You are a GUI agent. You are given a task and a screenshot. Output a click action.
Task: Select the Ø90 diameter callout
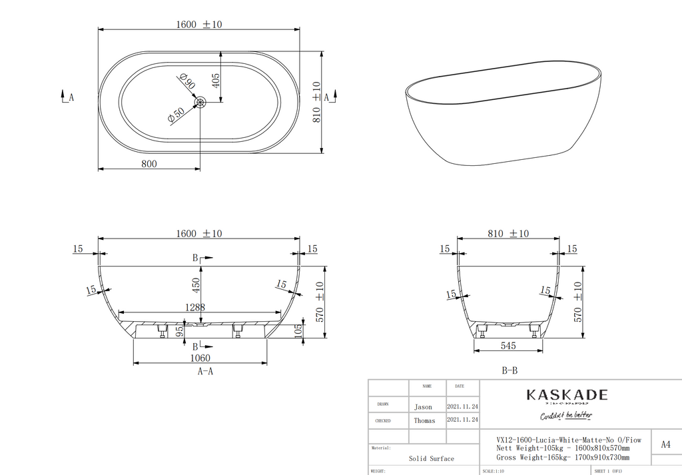click(x=187, y=83)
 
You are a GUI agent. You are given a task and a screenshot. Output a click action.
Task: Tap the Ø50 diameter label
click(x=176, y=115)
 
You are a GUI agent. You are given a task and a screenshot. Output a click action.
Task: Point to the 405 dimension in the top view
click(x=216, y=81)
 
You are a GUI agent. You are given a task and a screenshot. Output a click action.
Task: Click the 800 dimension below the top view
click(x=149, y=164)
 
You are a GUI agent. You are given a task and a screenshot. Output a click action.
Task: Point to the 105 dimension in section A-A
click(x=298, y=330)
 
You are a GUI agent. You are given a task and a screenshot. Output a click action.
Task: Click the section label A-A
click(x=205, y=372)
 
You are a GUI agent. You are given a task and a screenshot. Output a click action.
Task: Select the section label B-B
click(x=510, y=371)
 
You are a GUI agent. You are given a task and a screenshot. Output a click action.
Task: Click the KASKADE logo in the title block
click(x=567, y=395)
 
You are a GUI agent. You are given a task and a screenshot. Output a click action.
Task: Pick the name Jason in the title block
click(x=423, y=407)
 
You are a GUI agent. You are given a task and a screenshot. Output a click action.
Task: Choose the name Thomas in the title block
click(x=424, y=421)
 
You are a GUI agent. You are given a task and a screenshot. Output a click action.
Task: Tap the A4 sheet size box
click(x=665, y=444)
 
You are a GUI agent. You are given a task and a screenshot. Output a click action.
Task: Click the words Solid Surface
click(x=432, y=458)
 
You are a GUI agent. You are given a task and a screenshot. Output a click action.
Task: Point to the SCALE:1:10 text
click(x=494, y=470)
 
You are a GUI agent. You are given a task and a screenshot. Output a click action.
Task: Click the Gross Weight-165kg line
click(x=563, y=458)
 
